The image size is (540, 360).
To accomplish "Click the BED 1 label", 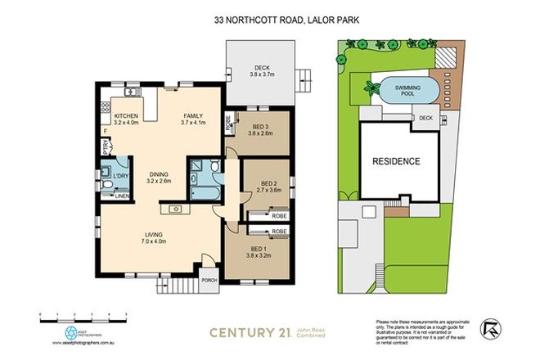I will [x=259, y=251].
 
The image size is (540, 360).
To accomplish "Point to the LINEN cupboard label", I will [x=121, y=196].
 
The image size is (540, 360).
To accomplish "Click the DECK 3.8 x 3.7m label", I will [x=261, y=71].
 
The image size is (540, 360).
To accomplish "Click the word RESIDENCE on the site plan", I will [x=397, y=161].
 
